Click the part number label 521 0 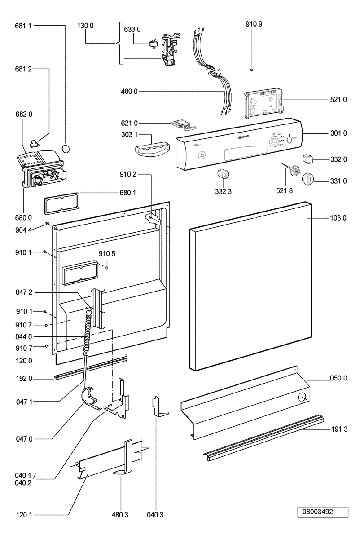tap(339, 99)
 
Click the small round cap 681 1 tap(66, 149)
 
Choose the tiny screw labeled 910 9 tap(252, 69)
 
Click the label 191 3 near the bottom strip tap(339, 429)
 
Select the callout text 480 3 tap(121, 515)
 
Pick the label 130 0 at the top tap(85, 26)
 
